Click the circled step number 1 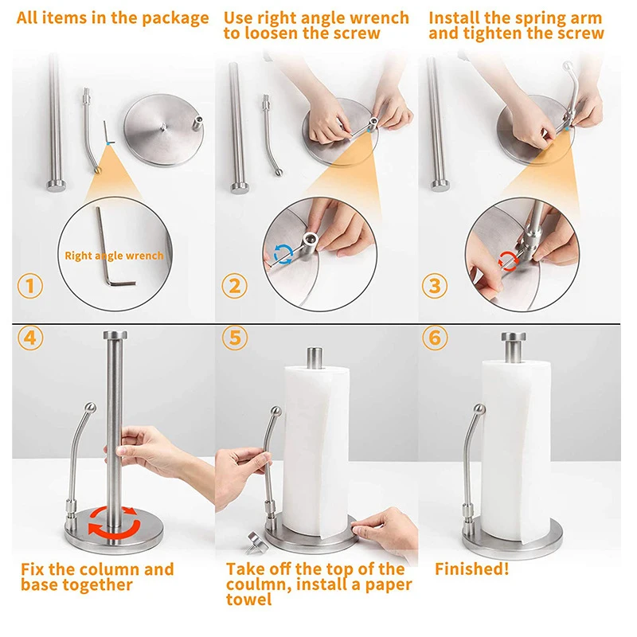tap(30, 286)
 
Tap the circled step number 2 tap(234, 286)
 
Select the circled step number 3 tap(435, 286)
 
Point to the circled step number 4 tap(30, 338)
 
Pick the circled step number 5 tap(235, 338)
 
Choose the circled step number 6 tap(435, 338)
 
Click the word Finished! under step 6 tap(471, 569)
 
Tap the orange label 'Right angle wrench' tap(114, 256)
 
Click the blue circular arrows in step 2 tap(283, 254)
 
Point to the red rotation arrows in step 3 tap(508, 261)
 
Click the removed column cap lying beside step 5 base tap(256, 543)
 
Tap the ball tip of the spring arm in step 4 tap(90, 408)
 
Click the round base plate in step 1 tap(163, 130)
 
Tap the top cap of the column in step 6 tap(513, 337)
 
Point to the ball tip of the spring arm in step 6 tap(479, 409)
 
